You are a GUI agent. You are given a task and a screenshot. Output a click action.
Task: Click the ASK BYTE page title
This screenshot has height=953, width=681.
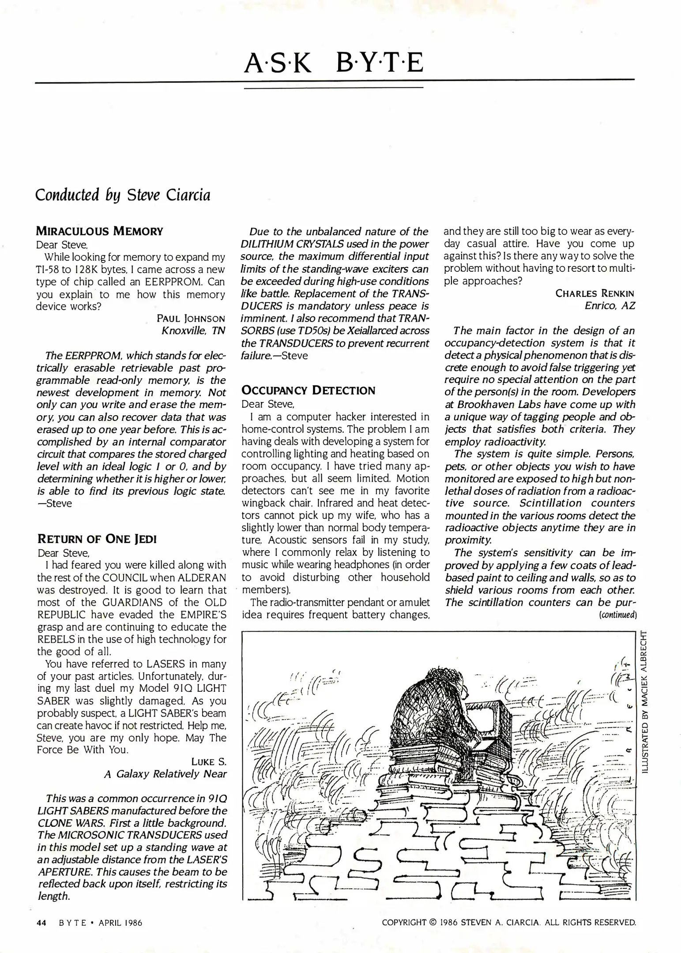pyautogui.click(x=334, y=62)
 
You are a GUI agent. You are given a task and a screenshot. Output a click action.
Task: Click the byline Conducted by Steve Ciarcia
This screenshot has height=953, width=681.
pyautogui.click(x=123, y=195)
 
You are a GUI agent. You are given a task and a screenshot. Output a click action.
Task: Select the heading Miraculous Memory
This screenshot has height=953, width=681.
pyautogui.click(x=99, y=231)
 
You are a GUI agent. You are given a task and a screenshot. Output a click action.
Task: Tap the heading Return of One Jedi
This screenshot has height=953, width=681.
pyautogui.click(x=97, y=539)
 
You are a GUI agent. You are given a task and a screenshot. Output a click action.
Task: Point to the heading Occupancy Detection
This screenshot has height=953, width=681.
pyautogui.click(x=309, y=390)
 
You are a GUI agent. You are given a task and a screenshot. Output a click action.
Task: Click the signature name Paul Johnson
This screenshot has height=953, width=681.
pyautogui.click(x=191, y=318)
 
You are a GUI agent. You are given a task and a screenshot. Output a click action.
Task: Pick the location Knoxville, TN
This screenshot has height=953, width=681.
pyautogui.click(x=193, y=330)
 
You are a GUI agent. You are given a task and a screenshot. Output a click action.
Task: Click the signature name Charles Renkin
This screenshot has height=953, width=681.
pyautogui.click(x=594, y=293)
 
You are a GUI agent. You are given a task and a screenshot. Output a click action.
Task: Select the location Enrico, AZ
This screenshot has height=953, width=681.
pyautogui.click(x=610, y=305)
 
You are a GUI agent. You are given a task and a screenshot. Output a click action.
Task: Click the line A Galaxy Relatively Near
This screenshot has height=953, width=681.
pyautogui.click(x=165, y=774)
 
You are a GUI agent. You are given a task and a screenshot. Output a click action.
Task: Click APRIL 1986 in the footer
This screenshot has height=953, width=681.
pyautogui.click(x=120, y=923)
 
